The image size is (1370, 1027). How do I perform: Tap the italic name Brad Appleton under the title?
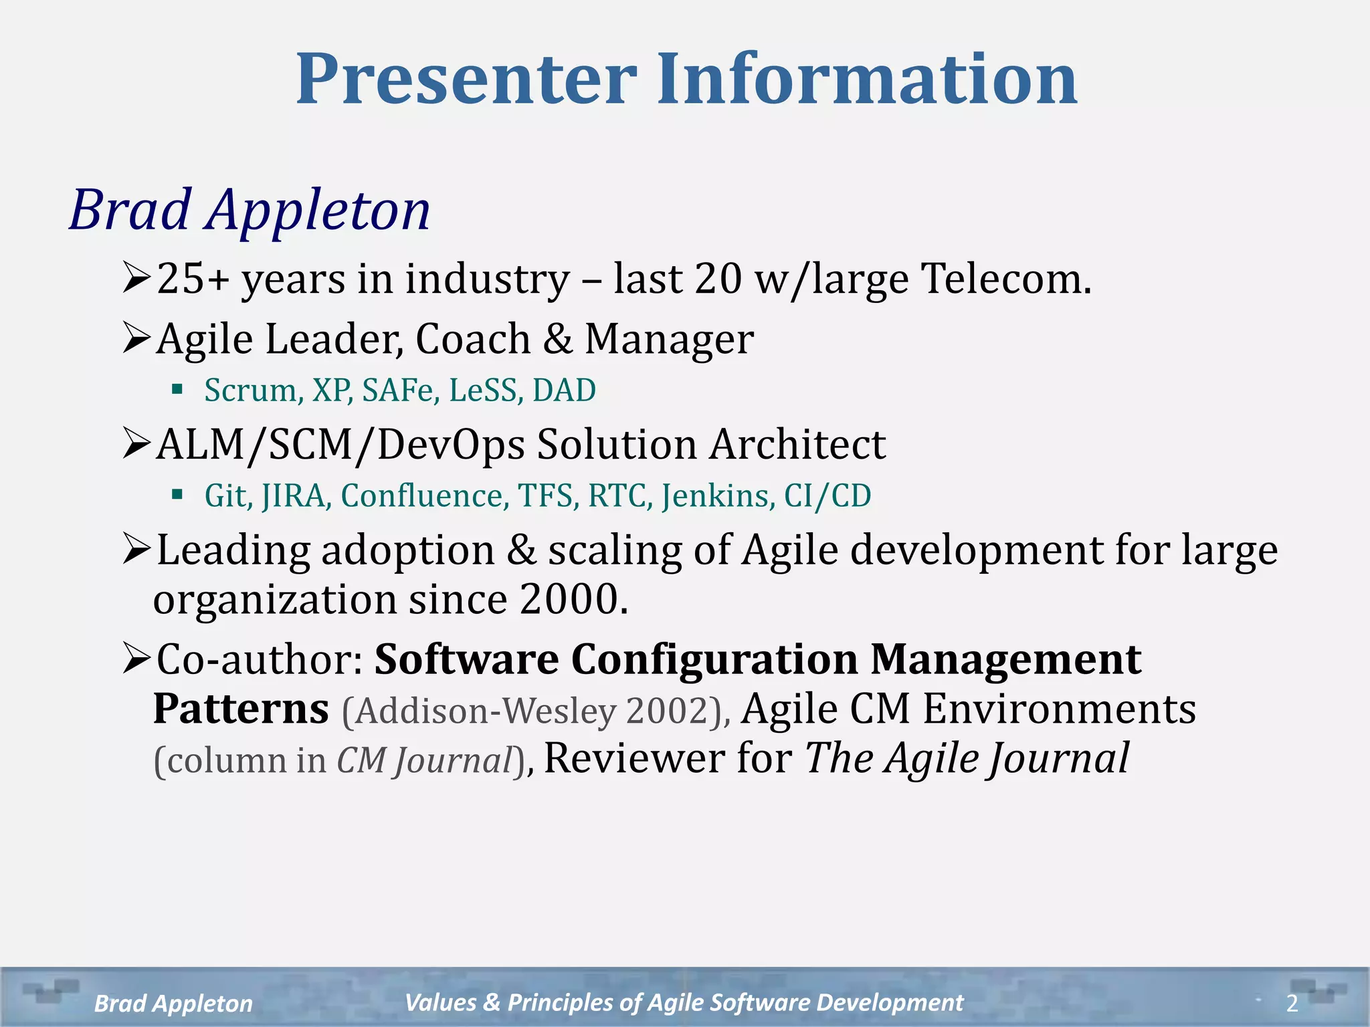click(250, 211)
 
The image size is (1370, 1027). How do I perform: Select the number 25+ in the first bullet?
click(193, 279)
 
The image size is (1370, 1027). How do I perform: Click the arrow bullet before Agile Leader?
click(136, 338)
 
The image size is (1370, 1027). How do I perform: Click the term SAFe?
click(399, 390)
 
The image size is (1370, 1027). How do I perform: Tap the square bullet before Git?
click(177, 495)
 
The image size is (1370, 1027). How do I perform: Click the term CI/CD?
click(827, 496)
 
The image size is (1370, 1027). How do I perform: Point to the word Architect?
click(797, 445)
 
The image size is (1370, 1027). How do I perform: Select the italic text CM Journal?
click(424, 761)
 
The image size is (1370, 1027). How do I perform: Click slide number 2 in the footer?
click(1292, 1003)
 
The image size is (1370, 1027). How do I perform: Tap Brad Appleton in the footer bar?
click(173, 1004)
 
